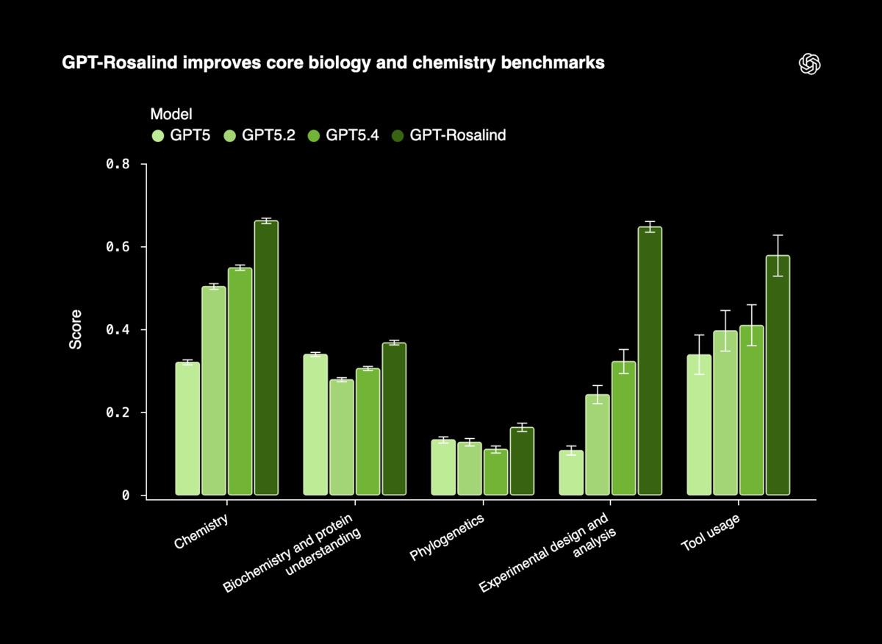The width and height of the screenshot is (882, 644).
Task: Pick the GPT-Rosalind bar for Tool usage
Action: point(778,376)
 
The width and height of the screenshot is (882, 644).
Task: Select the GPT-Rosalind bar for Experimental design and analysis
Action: point(650,361)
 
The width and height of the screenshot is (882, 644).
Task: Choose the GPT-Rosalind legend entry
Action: point(449,135)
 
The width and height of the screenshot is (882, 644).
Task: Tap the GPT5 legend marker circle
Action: point(158,135)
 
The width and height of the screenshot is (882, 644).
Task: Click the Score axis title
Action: point(76,329)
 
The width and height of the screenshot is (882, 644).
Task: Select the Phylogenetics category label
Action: point(447,537)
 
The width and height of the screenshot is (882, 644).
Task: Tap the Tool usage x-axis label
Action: point(710,533)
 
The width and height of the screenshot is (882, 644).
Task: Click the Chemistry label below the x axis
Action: point(201,532)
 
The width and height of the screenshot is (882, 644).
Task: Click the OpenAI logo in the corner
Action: point(809,64)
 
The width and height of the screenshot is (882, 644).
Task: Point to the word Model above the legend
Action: point(171,114)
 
